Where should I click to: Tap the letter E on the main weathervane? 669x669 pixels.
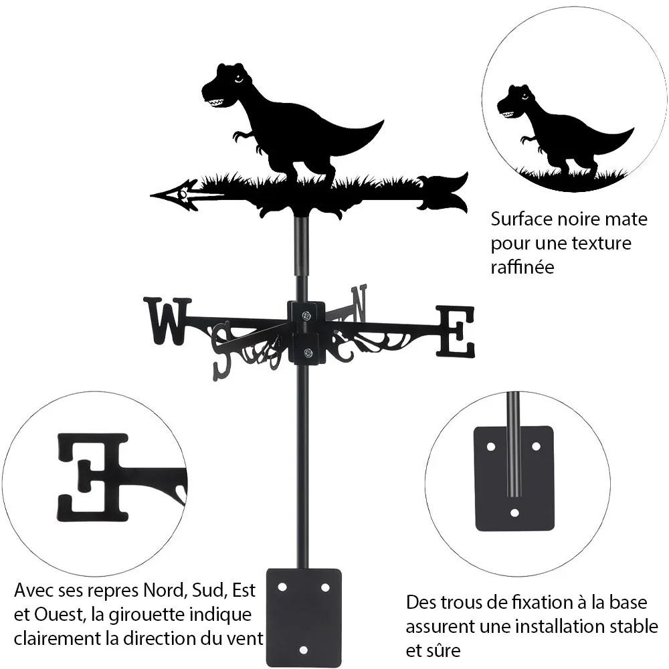click(455, 332)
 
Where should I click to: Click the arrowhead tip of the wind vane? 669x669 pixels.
click(151, 195)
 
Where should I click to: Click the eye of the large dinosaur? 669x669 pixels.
click(239, 78)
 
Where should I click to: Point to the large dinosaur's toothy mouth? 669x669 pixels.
click(215, 102)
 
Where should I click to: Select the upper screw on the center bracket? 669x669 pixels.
click(306, 316)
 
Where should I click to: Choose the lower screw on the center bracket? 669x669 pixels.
click(307, 353)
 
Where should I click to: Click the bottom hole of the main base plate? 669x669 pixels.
click(303, 650)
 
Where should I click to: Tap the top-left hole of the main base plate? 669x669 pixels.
click(282, 587)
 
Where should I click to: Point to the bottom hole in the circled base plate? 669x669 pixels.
click(514, 512)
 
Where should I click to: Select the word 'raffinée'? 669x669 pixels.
click(522, 267)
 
